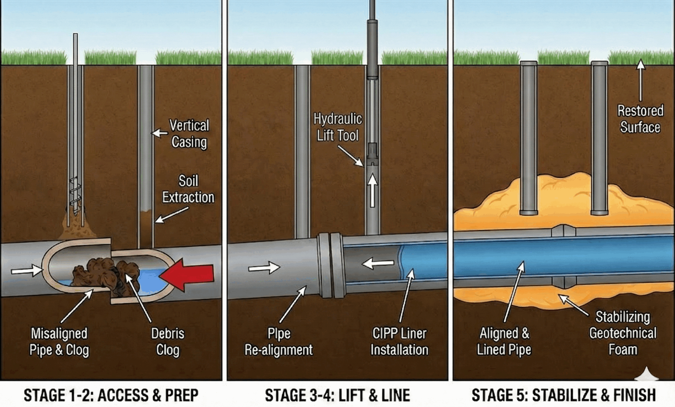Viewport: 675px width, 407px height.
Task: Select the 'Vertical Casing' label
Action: click(x=189, y=134)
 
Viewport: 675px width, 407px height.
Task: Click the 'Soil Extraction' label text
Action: click(x=188, y=189)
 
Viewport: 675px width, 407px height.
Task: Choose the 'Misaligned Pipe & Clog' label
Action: click(x=59, y=342)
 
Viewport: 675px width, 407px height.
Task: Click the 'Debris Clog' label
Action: click(x=168, y=342)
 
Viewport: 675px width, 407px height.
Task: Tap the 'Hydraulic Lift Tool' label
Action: click(x=337, y=127)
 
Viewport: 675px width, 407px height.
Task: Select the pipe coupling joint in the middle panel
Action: click(x=332, y=265)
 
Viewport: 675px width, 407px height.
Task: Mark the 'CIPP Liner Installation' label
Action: click(x=399, y=342)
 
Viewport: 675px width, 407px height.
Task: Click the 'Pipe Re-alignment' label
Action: click(x=279, y=342)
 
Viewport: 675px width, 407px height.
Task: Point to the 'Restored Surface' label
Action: click(x=640, y=119)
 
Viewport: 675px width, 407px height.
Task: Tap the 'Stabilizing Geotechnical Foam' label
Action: click(x=623, y=333)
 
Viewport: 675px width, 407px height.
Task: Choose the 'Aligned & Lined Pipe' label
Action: click(x=504, y=342)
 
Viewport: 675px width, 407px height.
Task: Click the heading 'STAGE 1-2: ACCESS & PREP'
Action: click(x=111, y=395)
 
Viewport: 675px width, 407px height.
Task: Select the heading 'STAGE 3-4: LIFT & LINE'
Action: click(x=337, y=395)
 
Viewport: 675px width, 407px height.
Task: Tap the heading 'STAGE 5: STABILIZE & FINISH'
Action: click(x=564, y=395)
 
